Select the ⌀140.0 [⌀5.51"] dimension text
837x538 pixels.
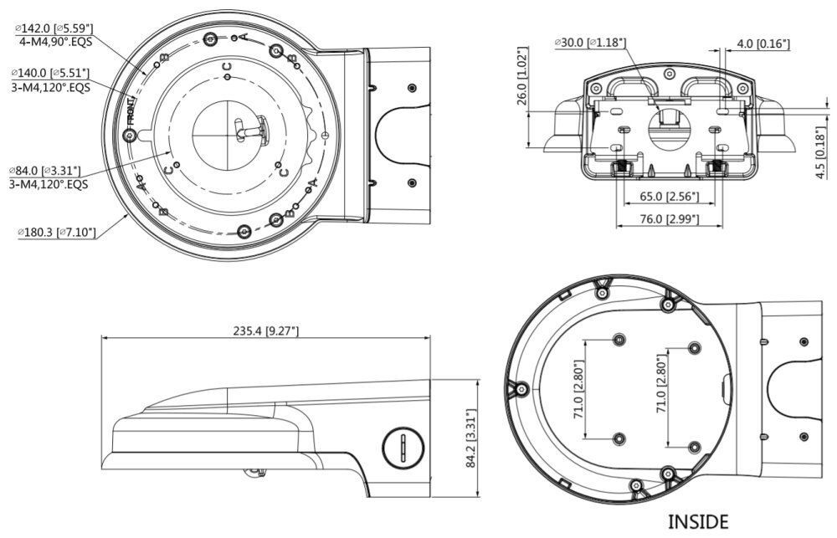pos(49,73)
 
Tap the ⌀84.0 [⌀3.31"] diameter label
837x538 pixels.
pos(45,170)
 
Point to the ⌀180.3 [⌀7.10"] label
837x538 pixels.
pos(57,232)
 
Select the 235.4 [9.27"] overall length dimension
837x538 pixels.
pos(266,331)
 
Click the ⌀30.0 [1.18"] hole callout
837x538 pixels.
pos(589,44)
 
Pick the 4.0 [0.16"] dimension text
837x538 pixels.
pos(763,44)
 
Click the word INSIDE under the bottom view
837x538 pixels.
pos(698,522)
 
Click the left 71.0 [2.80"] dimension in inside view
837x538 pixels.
pos(578,389)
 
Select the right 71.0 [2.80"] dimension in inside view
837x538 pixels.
pos(661,389)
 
